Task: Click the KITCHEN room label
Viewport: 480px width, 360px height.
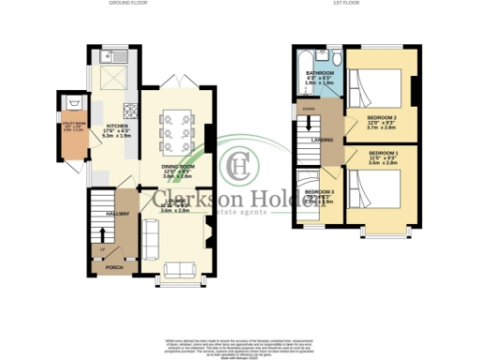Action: coord(116,126)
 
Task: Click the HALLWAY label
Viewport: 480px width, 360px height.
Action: coord(115,214)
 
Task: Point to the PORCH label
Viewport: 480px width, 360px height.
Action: coord(113,267)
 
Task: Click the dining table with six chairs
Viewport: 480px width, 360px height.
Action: coord(175,128)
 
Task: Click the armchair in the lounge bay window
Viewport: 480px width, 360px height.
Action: coord(176,271)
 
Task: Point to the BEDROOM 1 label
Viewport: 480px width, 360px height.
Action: coord(382,152)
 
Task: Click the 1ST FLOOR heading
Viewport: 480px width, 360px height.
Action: coord(352,5)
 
